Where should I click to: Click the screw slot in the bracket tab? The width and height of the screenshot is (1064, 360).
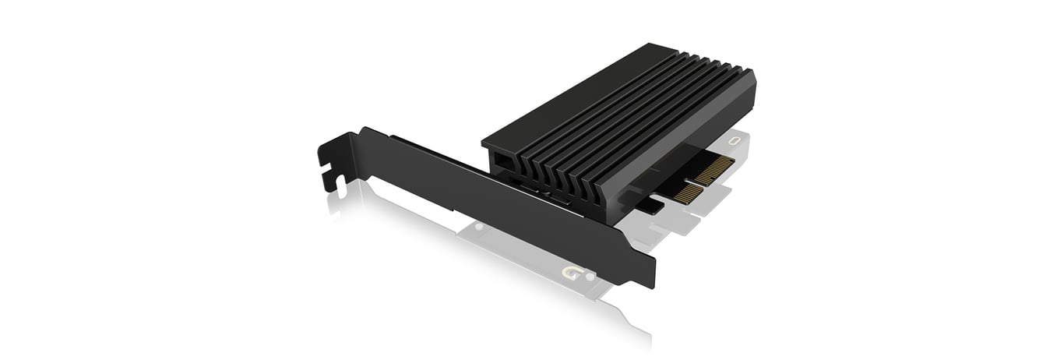tap(337, 182)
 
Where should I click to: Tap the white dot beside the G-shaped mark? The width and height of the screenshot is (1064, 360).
tap(590, 276)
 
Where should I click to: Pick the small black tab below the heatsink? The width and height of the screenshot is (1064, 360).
tap(651, 206)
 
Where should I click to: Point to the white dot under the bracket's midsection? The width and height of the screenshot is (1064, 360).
tap(477, 227)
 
